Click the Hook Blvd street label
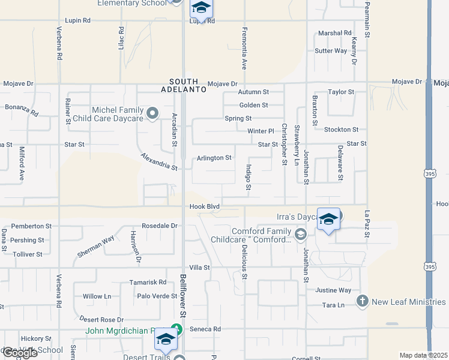pos(205,206)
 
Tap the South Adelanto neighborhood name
pos(187,85)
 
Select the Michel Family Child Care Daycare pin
pos(153,113)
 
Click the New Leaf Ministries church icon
pos(362,301)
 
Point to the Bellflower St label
pos(182,295)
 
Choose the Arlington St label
pos(214,158)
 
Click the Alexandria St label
pos(159,161)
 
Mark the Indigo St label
pos(249,177)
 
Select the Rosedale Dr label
pos(160,226)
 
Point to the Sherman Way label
pos(95,247)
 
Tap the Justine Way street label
pos(333,290)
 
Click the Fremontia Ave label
pos(244,47)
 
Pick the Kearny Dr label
pos(354,51)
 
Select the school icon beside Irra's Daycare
pos(328,220)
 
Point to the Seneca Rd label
pos(208,329)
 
